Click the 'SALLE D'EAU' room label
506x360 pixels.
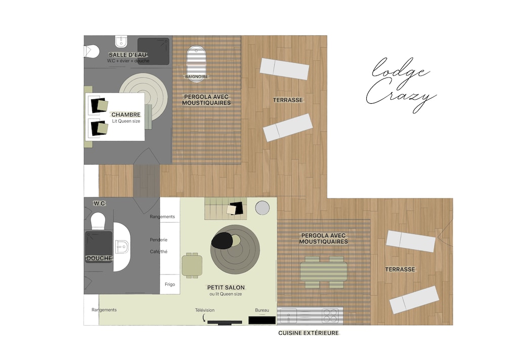(x=128, y=55)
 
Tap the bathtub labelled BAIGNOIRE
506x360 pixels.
(x=196, y=64)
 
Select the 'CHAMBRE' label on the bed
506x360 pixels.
(x=126, y=114)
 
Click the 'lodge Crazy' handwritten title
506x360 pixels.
(x=401, y=85)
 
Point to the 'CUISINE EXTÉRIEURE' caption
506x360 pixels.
(x=309, y=333)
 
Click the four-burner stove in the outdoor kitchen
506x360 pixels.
(x=330, y=315)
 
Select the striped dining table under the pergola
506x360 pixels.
(x=324, y=272)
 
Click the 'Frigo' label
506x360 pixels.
(x=170, y=285)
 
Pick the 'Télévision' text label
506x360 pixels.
(x=204, y=310)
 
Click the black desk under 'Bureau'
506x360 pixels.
(x=262, y=321)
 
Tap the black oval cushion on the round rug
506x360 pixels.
(x=222, y=241)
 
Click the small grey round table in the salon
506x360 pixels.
(x=262, y=208)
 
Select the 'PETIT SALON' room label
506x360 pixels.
(x=226, y=288)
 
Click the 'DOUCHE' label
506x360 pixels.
(x=99, y=258)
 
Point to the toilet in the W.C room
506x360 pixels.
(x=98, y=221)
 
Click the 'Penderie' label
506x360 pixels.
(x=158, y=239)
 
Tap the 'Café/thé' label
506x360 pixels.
(x=158, y=252)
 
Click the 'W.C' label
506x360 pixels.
(x=99, y=204)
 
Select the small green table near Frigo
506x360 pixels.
(x=192, y=265)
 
